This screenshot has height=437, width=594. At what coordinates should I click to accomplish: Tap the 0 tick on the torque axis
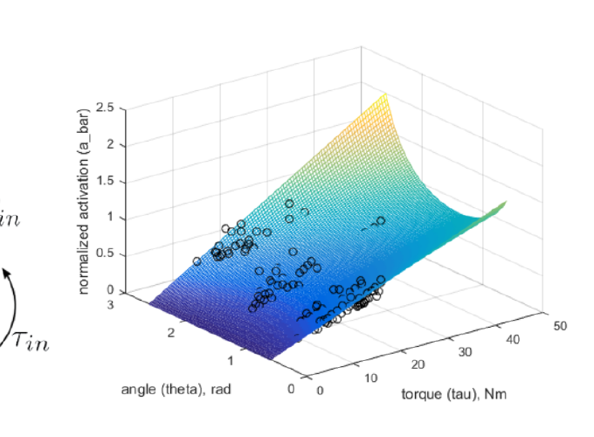coord(320,390)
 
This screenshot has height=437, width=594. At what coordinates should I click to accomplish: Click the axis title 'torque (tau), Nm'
coord(453,394)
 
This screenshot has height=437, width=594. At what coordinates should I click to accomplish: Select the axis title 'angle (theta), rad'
coord(176,388)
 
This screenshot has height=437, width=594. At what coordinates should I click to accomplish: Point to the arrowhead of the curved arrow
coord(7,273)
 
